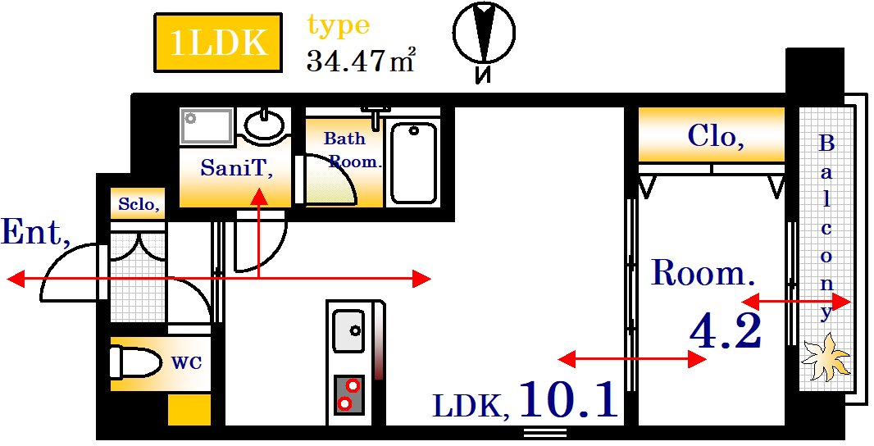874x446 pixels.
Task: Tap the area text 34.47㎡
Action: point(360,60)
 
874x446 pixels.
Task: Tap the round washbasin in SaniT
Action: point(264,125)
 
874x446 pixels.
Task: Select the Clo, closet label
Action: point(716,135)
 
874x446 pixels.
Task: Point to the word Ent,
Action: point(35,233)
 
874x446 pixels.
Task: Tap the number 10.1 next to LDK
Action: point(567,400)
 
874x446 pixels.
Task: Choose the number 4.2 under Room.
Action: point(726,331)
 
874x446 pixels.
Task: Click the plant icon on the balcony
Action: point(825,357)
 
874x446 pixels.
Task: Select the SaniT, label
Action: point(236,169)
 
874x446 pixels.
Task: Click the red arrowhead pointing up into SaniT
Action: point(259,195)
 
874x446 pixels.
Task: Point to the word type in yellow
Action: point(338,26)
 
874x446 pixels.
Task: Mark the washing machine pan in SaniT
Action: point(207,126)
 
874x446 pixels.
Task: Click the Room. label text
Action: point(702,273)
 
